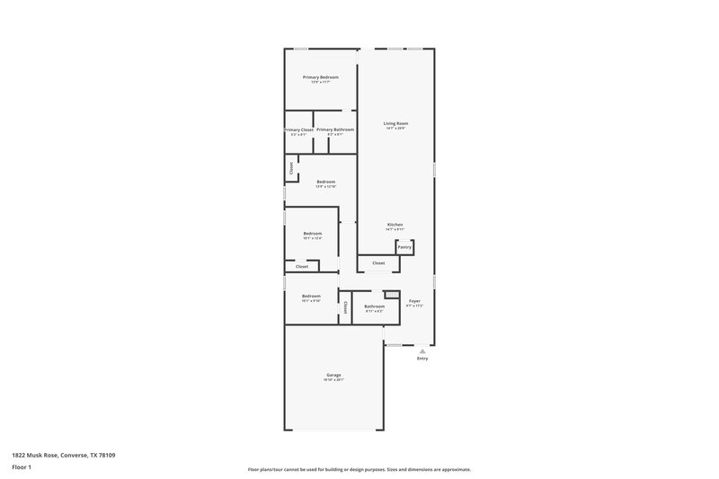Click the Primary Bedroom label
321,77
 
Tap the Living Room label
395,123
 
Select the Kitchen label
395,225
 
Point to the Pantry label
404,246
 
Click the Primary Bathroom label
335,129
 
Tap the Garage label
333,375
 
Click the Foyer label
414,301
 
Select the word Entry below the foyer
422,359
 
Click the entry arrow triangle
422,350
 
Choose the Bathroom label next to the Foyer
375,306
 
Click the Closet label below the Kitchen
378,263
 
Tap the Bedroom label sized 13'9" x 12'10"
326,182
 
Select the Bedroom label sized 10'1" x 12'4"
312,234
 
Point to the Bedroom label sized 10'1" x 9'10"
311,296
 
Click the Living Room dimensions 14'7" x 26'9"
395,129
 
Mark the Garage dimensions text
333,380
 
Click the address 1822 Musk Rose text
63,456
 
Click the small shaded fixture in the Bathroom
391,294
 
